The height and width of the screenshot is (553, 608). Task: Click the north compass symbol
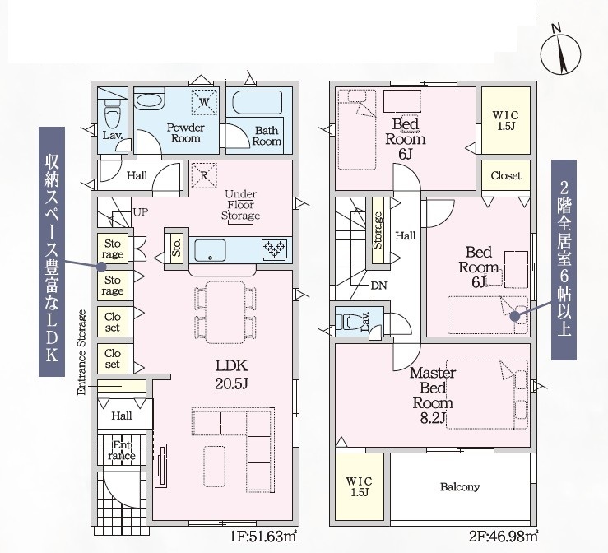click(561, 50)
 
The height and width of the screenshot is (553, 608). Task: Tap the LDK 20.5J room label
click(231, 374)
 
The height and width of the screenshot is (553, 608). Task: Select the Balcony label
click(460, 486)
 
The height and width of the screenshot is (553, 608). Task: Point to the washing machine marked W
click(204, 102)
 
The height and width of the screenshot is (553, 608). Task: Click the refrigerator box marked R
click(204, 175)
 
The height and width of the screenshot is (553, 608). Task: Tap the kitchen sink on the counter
click(210, 250)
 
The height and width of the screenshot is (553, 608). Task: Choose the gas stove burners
click(275, 249)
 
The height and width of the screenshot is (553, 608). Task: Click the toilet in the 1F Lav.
click(113, 113)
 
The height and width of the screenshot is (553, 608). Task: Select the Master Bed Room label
click(433, 396)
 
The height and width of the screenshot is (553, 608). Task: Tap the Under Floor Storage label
click(240, 205)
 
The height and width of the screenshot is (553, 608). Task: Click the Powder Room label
click(186, 132)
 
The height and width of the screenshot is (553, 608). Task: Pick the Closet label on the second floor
click(506, 175)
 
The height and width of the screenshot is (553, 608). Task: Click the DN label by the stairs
click(378, 286)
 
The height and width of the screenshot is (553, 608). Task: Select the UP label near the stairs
click(141, 212)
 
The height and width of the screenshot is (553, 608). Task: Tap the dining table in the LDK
click(225, 312)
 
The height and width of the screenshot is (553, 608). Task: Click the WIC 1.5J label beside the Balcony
click(359, 486)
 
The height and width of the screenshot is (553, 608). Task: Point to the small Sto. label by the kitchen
click(176, 248)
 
